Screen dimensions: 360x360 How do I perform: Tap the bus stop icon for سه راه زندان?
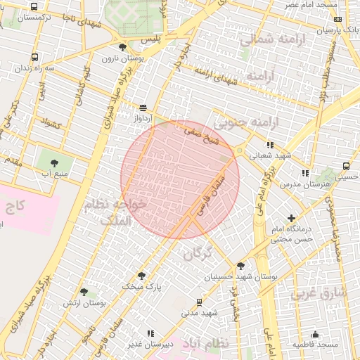pos(35,57)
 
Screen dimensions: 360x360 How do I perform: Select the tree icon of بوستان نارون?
pos(123,47)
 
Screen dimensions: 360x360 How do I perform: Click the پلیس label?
pos(151,38)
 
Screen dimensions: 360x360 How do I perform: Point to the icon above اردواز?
pos(143,108)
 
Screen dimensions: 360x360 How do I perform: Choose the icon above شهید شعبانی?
pos(270,145)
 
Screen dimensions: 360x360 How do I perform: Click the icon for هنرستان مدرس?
pos(304,173)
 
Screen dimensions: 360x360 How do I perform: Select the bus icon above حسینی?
pos(345,166)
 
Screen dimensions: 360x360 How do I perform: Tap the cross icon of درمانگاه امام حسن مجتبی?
pos(291,219)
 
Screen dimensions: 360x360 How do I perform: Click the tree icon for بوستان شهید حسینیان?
pos(241,266)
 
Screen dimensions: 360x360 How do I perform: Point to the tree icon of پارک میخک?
pos(141,276)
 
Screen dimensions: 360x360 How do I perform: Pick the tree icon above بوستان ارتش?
pos(84,291)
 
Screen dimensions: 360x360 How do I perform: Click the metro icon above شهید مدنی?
pos(199,302)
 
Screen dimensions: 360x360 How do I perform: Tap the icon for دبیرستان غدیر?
pos(150,333)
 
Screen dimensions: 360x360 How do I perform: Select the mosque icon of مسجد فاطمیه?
pos(315,334)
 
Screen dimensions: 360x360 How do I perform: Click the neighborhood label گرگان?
pos(197,254)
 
